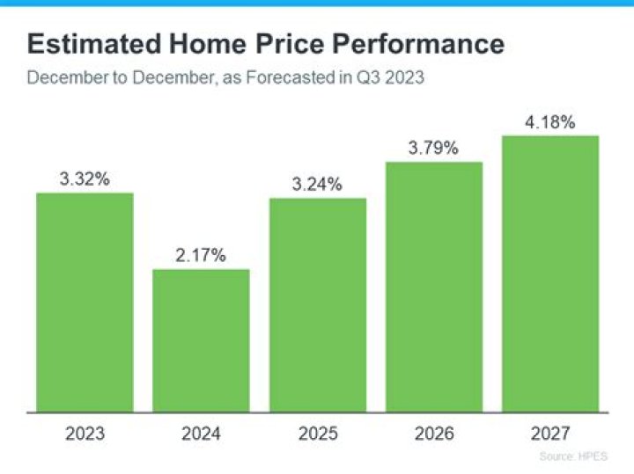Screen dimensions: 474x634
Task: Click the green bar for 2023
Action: tap(85, 302)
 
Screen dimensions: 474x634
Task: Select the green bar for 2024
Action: tap(201, 339)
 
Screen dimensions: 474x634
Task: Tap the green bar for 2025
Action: tap(318, 304)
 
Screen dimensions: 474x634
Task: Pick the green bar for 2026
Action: tap(434, 286)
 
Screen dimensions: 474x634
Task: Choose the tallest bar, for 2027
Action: tap(550, 273)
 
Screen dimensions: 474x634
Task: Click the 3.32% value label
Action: tap(85, 179)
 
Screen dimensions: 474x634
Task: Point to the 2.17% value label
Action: tap(201, 256)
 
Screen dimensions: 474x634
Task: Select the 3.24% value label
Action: tap(318, 185)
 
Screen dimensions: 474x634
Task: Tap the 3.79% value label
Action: tap(433, 149)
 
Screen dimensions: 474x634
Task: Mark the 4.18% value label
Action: tap(550, 122)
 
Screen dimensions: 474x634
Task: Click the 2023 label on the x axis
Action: tap(85, 434)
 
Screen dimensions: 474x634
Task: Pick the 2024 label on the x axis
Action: tap(201, 434)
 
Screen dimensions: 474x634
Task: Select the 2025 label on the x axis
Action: tap(318, 434)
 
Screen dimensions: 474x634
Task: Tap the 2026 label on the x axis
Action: tap(434, 434)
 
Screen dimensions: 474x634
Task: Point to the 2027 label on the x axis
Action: tap(550, 434)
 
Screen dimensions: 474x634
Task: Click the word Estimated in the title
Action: tap(86, 45)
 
